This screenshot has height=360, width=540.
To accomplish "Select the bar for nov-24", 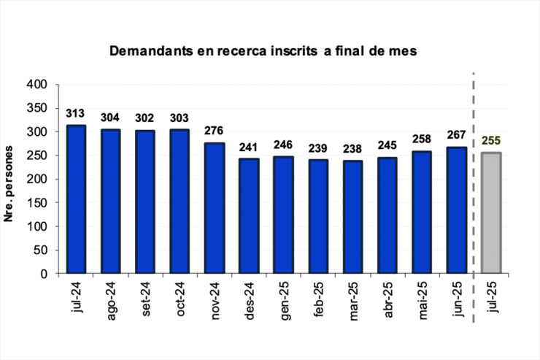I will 214,208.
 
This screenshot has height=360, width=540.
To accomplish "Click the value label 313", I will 75,113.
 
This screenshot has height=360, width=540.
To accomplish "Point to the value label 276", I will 214,131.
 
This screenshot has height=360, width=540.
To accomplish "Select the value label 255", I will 491,141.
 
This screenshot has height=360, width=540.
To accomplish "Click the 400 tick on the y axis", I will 36,85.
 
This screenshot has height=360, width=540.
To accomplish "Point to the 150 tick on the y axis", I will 36,203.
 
